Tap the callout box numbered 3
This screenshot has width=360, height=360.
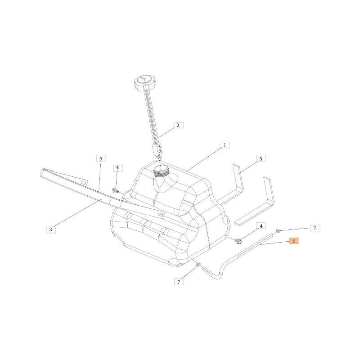(50, 229)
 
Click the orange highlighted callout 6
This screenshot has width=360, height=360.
(293, 241)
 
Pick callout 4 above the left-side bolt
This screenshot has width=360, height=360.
(117, 168)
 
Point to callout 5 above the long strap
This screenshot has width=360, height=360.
(101, 158)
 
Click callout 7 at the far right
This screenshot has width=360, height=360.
(315, 228)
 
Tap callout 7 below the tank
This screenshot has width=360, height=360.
(179, 282)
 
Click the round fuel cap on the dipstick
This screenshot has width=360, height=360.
(144, 83)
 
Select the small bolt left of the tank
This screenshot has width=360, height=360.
(115, 191)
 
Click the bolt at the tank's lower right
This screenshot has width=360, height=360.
(239, 242)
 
